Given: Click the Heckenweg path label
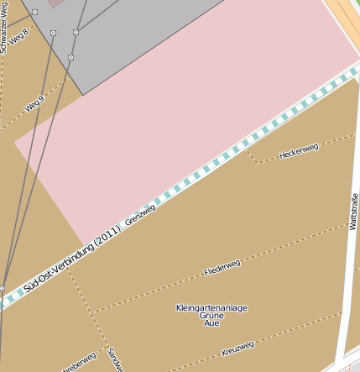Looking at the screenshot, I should pyautogui.click(x=299, y=151).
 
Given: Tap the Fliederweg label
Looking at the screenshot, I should pyautogui.click(x=222, y=268).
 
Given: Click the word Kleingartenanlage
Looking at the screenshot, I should pyautogui.click(x=211, y=308).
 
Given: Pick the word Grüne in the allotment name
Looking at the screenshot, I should pyautogui.click(x=211, y=316).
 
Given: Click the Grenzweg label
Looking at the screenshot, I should pyautogui.click(x=140, y=215).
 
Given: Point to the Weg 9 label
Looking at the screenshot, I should pyautogui.click(x=34, y=104).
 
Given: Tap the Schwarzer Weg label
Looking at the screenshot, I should pyautogui.click(x=5, y=27).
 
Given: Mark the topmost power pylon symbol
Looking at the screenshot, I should pyautogui.click(x=35, y=13).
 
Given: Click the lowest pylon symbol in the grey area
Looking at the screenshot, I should pyautogui.click(x=70, y=57).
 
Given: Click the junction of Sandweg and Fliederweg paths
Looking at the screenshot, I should pyautogui.click(x=91, y=313).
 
